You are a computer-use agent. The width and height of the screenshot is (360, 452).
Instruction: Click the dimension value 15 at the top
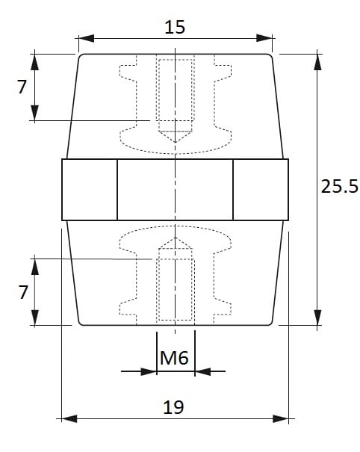click(175, 28)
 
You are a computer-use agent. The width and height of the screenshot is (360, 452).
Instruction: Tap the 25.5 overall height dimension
click(340, 186)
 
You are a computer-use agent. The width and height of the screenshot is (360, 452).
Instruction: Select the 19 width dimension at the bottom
click(173, 407)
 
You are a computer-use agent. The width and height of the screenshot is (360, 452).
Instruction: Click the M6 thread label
click(174, 358)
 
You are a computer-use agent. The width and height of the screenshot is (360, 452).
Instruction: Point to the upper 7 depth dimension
click(22, 87)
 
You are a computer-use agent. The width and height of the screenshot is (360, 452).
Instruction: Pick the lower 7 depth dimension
click(23, 292)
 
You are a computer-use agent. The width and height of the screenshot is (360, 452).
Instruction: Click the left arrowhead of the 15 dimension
click(87, 38)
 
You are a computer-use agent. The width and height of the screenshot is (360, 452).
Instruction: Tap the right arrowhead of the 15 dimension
click(264, 38)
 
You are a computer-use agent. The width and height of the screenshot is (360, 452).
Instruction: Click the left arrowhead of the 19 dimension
click(69, 418)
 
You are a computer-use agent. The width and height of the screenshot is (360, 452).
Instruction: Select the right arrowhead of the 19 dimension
click(281, 418)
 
